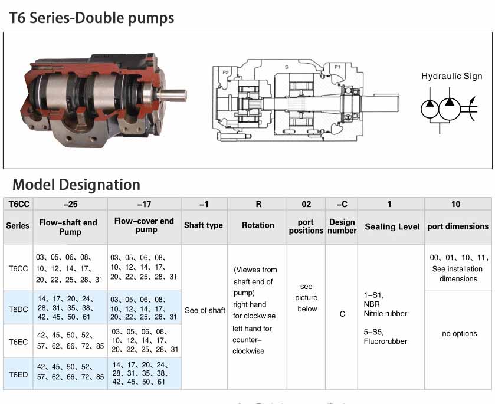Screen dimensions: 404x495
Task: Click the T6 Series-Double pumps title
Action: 92,18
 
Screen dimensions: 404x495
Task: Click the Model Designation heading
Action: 76,185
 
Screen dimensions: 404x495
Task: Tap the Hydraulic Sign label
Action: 451,76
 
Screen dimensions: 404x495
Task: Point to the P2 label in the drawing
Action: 225,71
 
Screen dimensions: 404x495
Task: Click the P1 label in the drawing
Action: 337,67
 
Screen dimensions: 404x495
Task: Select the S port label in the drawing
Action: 287,67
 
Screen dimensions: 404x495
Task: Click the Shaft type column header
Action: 204,225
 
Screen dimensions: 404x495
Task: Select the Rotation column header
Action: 258,225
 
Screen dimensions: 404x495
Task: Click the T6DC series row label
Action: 17,307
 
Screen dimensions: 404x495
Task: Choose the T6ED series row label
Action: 17,373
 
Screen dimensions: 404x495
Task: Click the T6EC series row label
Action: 17,341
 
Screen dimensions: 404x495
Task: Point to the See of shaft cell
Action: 205,310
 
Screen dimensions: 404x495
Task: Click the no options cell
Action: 459,333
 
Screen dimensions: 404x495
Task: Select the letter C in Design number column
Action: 342,314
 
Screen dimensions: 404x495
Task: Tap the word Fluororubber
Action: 385,341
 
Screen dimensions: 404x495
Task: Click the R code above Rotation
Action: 258,204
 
